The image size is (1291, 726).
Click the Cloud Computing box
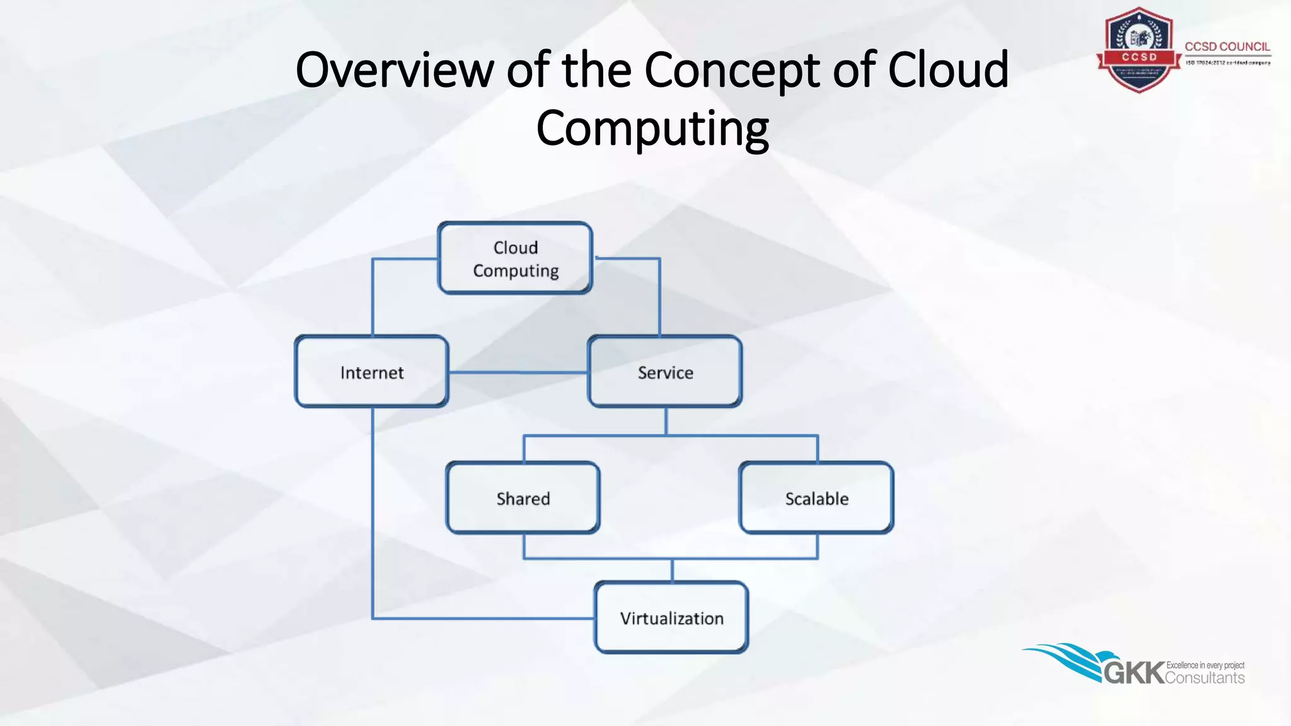point(515,258)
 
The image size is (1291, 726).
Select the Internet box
point(372,372)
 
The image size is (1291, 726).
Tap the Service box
point(665,372)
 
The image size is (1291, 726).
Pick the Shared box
point(523,498)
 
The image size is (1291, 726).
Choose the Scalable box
point(816,498)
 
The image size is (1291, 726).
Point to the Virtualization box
point(672,618)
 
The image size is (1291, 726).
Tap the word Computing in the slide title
point(652,128)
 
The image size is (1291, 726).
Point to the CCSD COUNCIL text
point(1227,47)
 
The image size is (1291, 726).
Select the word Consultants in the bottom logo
point(1205,678)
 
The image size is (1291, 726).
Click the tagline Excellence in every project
point(1205,665)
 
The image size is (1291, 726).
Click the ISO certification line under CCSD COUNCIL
point(1227,63)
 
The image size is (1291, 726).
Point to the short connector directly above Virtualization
point(672,570)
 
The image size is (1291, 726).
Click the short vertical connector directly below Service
point(666,421)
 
